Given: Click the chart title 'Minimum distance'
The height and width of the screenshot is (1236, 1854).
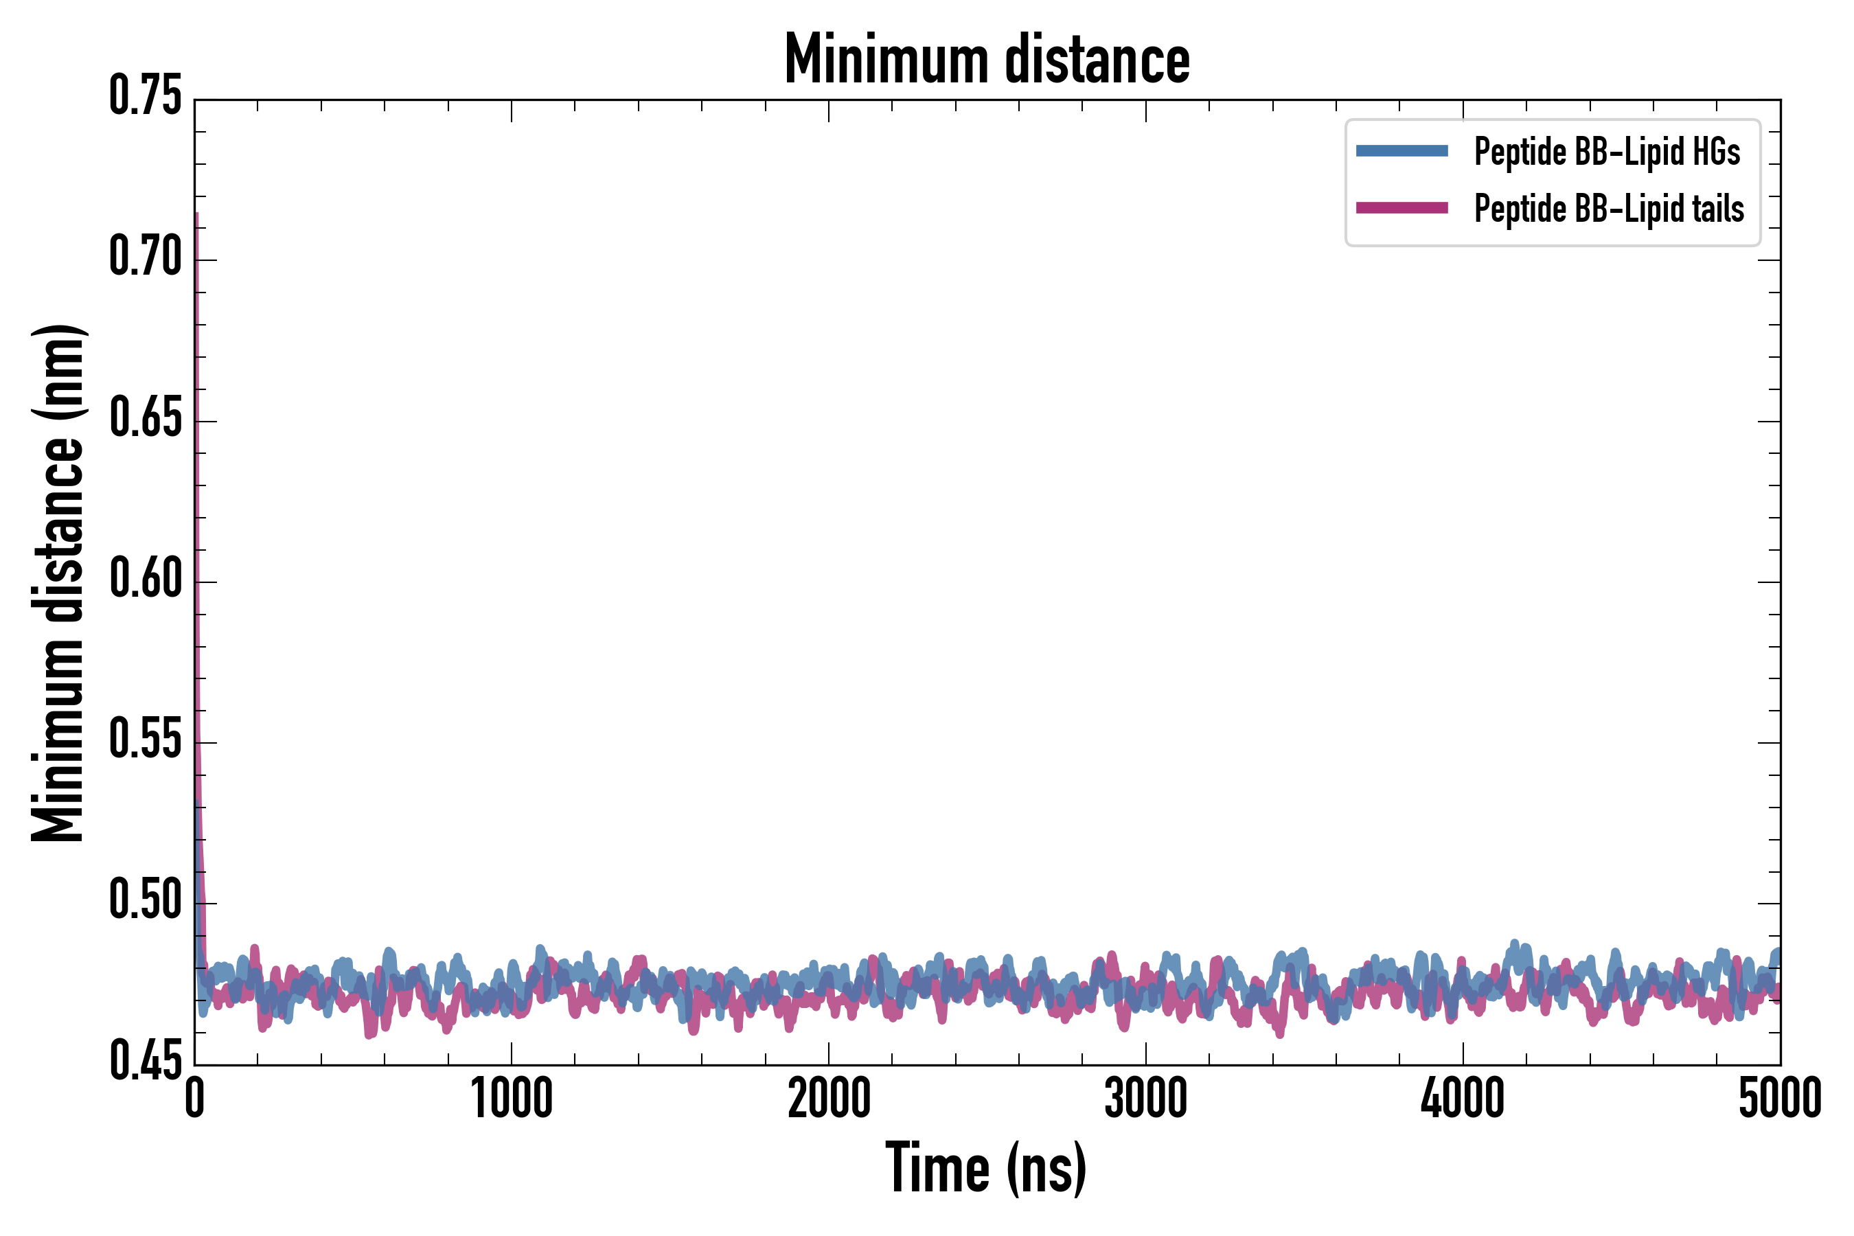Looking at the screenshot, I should (987, 60).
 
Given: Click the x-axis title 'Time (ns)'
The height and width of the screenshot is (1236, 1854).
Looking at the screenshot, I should (986, 1168).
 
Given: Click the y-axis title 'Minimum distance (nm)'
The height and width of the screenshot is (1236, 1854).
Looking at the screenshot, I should (58, 582).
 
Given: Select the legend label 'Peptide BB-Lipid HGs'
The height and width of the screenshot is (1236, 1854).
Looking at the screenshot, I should (1607, 151).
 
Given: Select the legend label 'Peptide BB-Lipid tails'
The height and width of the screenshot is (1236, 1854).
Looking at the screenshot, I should (1609, 209).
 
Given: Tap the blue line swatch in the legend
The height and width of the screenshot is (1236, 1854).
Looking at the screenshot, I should (1401, 150).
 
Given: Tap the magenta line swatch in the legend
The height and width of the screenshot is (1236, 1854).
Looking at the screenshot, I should (1401, 208).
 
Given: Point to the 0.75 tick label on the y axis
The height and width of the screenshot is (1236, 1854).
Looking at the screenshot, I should (145, 97).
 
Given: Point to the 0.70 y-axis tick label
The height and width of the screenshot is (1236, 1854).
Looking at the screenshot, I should (145, 257).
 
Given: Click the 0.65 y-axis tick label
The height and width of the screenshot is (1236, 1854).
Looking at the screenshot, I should (145, 419).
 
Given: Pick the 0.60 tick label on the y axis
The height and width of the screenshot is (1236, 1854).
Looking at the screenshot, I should (145, 580).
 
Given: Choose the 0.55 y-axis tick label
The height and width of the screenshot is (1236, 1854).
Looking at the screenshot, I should (145, 740).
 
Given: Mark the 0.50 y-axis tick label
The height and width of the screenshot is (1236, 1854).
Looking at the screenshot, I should (145, 901).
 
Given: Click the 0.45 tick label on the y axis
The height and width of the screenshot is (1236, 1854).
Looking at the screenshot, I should (145, 1062).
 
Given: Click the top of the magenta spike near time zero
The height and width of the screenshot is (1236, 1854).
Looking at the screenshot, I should (196, 213).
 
